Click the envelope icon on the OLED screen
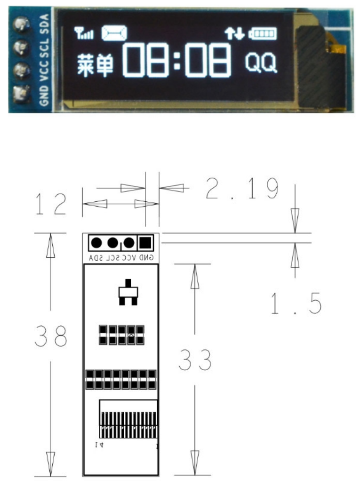point(115,33)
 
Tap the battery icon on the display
point(263,34)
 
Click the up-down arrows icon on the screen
point(234,33)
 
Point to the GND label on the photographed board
point(43,95)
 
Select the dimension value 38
point(52,335)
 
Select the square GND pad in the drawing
point(145,243)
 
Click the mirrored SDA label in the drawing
point(96,258)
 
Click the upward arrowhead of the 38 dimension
point(50,245)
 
